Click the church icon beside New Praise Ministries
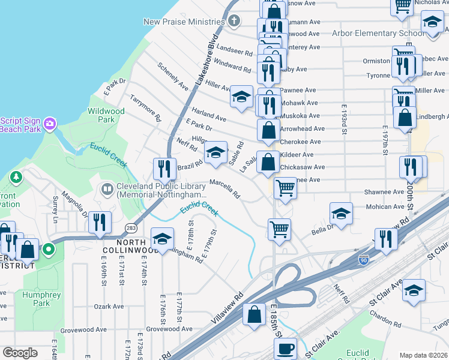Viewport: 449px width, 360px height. coord(234,22)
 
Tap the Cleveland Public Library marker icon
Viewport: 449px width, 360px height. coord(107,190)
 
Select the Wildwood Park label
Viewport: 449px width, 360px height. coord(106,115)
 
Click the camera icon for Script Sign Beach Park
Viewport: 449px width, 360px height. coord(50,124)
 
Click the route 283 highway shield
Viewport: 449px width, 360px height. coord(131,227)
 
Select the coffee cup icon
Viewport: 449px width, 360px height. coord(286,347)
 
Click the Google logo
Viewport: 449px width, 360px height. coord(20,353)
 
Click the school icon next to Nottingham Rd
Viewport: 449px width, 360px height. coord(161,239)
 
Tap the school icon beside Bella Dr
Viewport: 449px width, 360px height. coord(341,214)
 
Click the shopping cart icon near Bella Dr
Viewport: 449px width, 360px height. coord(280,229)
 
